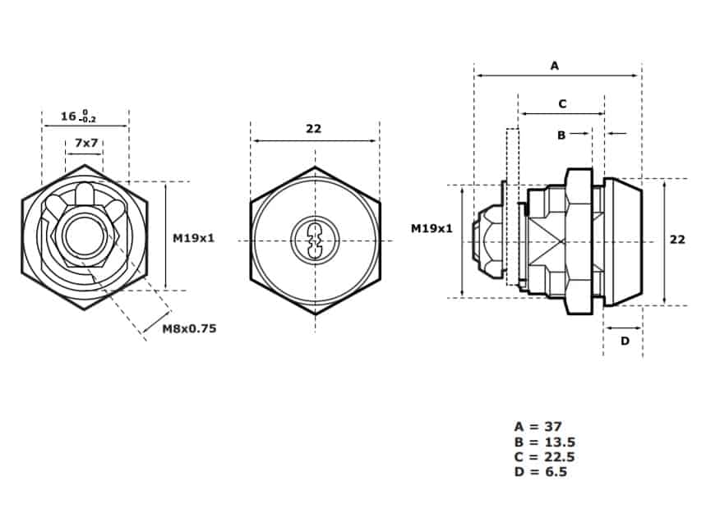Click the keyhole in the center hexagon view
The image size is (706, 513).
pos(315,240)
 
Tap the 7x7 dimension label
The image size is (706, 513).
pos(86,143)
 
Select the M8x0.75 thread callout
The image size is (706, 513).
pos(189,328)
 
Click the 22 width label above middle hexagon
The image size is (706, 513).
pos(314,129)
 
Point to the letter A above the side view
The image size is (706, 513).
pos(555,66)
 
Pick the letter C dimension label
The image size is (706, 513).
pos(562,104)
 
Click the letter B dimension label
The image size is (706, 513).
pos(561,135)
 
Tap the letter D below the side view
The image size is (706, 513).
pos(625,341)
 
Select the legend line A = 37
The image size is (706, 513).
pos(538,426)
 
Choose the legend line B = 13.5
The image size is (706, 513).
pos(545,442)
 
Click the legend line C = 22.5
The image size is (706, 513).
pos(545,457)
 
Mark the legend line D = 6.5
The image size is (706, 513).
pos(541,472)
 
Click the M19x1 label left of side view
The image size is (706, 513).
pos(431,228)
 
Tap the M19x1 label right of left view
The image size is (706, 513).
pos(194,238)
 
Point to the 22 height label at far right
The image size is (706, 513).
pos(677,240)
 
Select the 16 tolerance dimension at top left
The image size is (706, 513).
pos(78,116)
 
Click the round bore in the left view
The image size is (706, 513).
pos(85,235)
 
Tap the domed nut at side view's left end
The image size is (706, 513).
pos(488,241)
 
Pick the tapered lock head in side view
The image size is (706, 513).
pos(623,242)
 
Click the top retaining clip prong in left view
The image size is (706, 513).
pos(84,195)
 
